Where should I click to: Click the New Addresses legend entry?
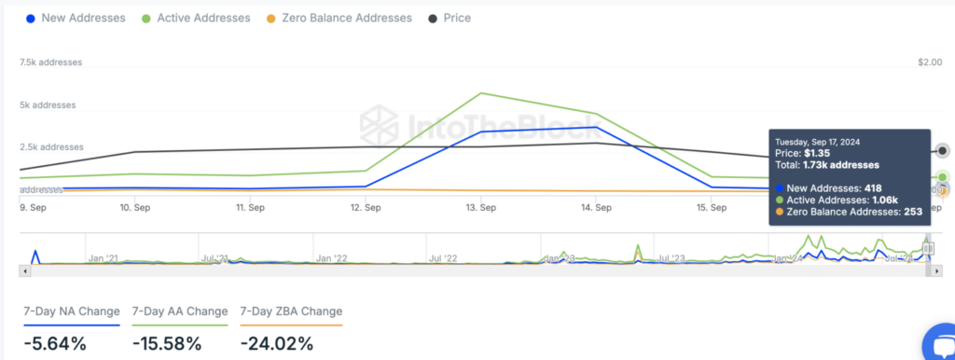pyautogui.click(x=75, y=18)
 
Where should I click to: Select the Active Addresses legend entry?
pyautogui.click(x=196, y=18)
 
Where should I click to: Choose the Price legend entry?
pyautogui.click(x=450, y=18)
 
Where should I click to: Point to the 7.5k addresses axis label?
pyautogui.click(x=51, y=62)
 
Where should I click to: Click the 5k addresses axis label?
pyautogui.click(x=48, y=105)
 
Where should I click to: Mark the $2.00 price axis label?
pyautogui.click(x=930, y=62)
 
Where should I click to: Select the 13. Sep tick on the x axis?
pyautogui.click(x=481, y=208)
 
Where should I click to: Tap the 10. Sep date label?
pyautogui.click(x=135, y=208)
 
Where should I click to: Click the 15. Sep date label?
pyautogui.click(x=712, y=208)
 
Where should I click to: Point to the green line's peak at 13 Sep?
pyautogui.click(x=481, y=93)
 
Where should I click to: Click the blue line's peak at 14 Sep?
pyautogui.click(x=596, y=127)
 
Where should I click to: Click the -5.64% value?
pyautogui.click(x=55, y=343)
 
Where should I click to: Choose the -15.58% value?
pyautogui.click(x=167, y=343)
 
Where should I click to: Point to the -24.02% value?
pyautogui.click(x=276, y=343)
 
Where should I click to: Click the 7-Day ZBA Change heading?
pyautogui.click(x=291, y=312)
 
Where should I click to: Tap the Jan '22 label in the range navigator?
pyautogui.click(x=330, y=257)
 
